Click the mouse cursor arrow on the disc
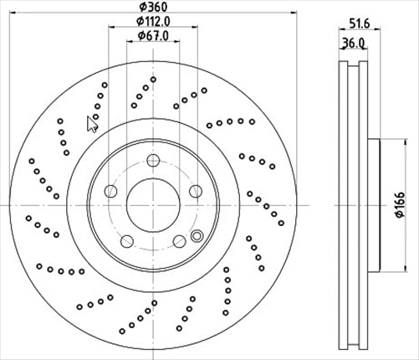point(92,124)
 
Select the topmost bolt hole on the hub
point(152,162)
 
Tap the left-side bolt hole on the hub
point(110,192)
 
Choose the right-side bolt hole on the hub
point(194,192)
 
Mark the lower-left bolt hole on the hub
point(126,241)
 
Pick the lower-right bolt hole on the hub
point(178,241)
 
